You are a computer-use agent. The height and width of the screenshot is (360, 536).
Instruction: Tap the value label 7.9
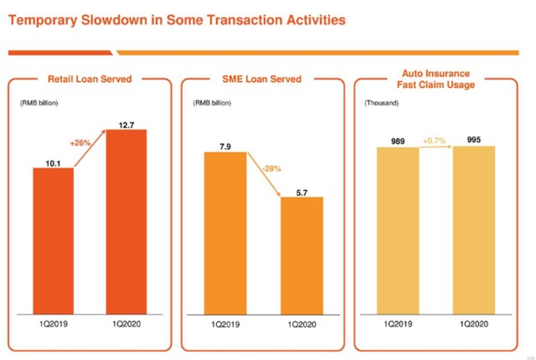[225, 147]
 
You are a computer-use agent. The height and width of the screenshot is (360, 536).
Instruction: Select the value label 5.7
[301, 191]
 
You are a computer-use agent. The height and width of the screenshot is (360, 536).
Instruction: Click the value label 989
[398, 141]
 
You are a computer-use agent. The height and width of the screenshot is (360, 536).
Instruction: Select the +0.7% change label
[436, 141]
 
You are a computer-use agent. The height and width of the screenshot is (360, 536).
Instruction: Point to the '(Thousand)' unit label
[381, 103]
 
